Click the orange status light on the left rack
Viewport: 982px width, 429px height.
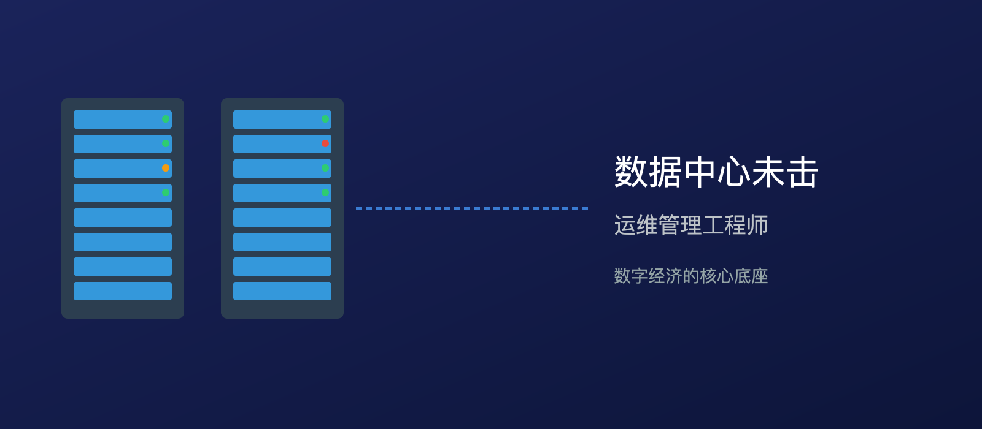(x=166, y=168)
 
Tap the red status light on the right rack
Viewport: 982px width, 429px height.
(x=325, y=143)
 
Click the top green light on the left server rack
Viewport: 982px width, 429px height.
(x=166, y=119)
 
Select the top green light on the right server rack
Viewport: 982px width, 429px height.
(x=325, y=119)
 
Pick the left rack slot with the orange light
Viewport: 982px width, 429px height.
(x=117, y=169)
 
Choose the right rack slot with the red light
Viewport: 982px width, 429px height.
(x=276, y=144)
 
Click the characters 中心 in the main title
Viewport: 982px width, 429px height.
(x=717, y=172)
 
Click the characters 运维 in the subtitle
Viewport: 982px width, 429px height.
(x=636, y=226)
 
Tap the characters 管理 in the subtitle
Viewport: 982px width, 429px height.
(x=680, y=226)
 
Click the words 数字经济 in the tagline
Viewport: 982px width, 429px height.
(x=648, y=276)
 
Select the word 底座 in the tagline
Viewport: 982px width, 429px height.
(x=751, y=276)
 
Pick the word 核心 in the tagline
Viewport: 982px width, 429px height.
(x=717, y=276)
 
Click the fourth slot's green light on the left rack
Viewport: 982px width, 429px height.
(x=166, y=192)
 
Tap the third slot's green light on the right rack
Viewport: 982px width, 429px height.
(x=325, y=168)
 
